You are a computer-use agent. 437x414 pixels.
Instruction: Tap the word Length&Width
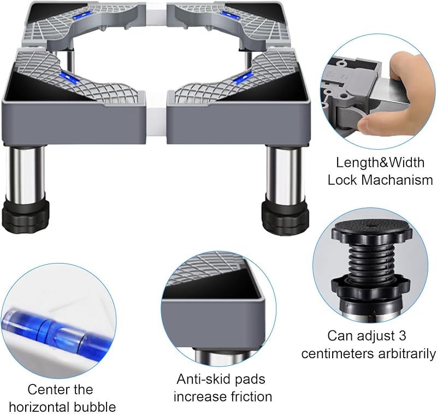[380, 162]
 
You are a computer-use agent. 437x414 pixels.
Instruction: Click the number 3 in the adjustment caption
[402, 336]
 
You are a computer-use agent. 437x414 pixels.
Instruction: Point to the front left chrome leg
[25, 173]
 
